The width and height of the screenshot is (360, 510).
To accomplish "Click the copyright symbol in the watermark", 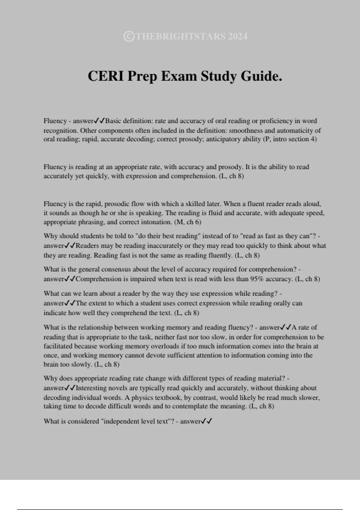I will [129, 37].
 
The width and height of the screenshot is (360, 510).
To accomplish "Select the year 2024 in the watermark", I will [238, 37].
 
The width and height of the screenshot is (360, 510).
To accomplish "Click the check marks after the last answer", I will [207, 421].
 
